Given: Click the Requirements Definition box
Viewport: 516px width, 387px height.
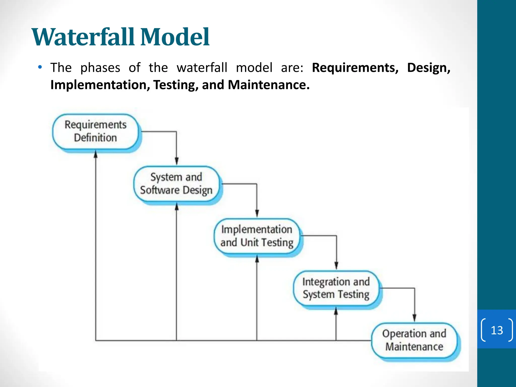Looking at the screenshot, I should click(x=95, y=131).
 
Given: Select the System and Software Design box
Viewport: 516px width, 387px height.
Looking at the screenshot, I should click(x=176, y=184).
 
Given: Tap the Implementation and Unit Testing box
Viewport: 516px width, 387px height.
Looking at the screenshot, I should click(x=257, y=236).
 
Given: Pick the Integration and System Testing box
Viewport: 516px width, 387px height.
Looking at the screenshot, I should click(x=336, y=288).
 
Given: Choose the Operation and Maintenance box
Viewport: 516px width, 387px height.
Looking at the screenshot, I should click(x=414, y=340).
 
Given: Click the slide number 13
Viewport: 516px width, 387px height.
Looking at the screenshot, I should click(x=497, y=330).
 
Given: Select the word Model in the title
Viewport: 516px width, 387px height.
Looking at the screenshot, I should click(x=175, y=37).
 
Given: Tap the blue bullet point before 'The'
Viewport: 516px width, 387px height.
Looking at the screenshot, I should click(x=40, y=67).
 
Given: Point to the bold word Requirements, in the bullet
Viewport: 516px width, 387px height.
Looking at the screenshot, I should click(x=355, y=68).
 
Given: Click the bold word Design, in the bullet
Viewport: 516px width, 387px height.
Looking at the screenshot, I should click(x=429, y=68).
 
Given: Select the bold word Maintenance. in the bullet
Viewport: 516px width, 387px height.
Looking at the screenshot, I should click(x=269, y=85).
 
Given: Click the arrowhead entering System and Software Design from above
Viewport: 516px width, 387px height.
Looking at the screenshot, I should click(x=177, y=161).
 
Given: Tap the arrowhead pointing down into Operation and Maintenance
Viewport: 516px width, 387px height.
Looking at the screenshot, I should click(x=414, y=318).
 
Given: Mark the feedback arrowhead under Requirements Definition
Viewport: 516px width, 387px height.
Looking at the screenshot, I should click(x=95, y=154).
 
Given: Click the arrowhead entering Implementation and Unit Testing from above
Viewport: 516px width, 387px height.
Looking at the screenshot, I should click(x=257, y=213).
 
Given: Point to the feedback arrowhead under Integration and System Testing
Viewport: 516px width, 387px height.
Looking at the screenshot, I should click(x=336, y=311).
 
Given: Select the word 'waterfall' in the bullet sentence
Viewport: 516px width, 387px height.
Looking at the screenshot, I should click(x=202, y=68).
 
